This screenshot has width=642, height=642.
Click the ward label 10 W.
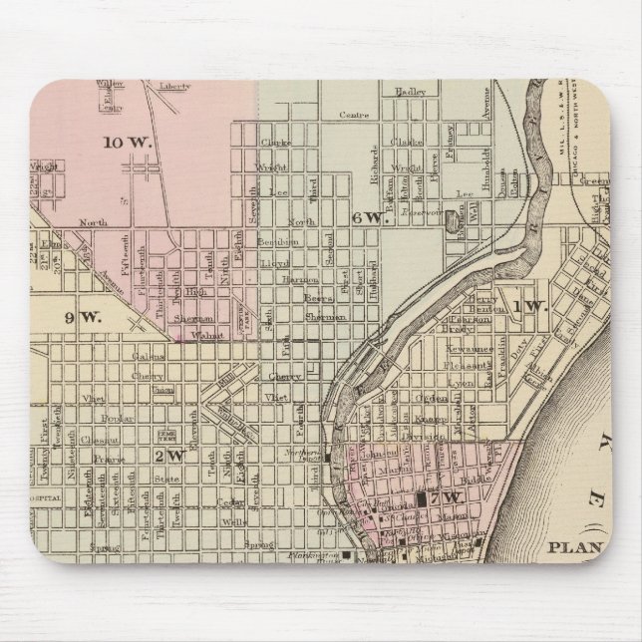(x=129, y=143)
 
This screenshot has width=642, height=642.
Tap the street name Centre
(x=353, y=116)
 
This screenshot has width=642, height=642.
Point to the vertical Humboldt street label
(x=488, y=143)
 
